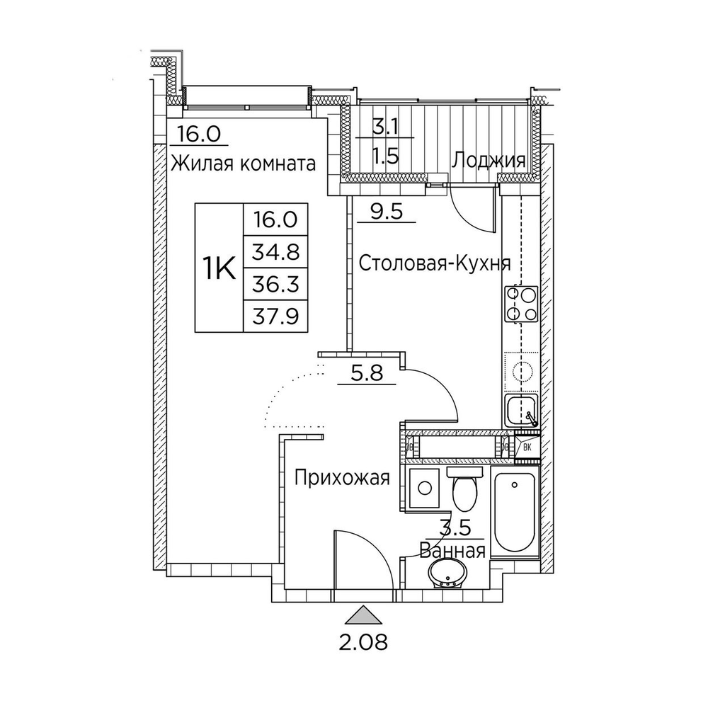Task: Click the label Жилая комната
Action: pyautogui.click(x=243, y=164)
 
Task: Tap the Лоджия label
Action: pyautogui.click(x=489, y=160)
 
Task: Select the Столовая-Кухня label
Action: pyautogui.click(x=435, y=264)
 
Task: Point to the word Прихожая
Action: pyautogui.click(x=343, y=479)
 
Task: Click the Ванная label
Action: pyautogui.click(x=452, y=550)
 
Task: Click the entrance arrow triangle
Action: pyautogui.click(x=363, y=615)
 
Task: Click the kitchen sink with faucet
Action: pyautogui.click(x=523, y=411)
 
